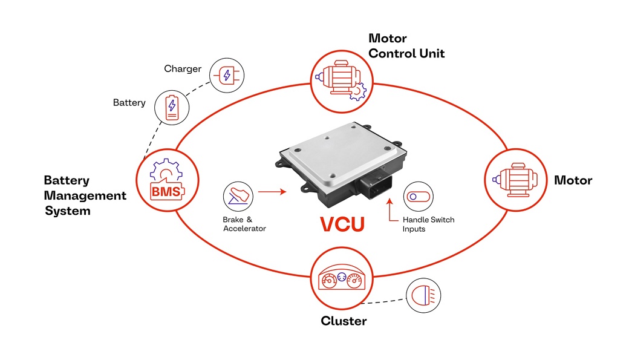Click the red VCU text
click(x=342, y=224)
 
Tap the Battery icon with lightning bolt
click(x=172, y=108)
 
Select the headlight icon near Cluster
click(x=423, y=295)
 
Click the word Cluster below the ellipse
click(x=343, y=321)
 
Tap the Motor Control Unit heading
click(x=406, y=46)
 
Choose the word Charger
click(x=183, y=69)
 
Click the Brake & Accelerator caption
click(x=244, y=224)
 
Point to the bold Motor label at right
click(x=573, y=180)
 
